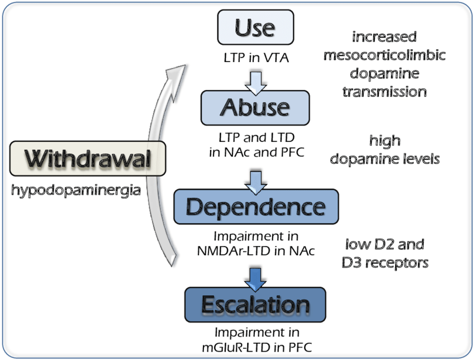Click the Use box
pyautogui.click(x=255, y=27)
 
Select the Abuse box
pyautogui.click(x=255, y=107)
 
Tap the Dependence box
pyautogui.click(x=256, y=207)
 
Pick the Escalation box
pyautogui.click(x=255, y=305)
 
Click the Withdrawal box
pyautogui.click(x=88, y=159)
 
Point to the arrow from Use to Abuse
pyautogui.click(x=256, y=83)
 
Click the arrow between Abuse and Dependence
pyautogui.click(x=256, y=182)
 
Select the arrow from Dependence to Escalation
pyautogui.click(x=256, y=280)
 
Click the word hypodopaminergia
pyautogui.click(x=76, y=191)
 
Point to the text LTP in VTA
pyautogui.click(x=256, y=58)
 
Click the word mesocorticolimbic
pyautogui.click(x=384, y=55)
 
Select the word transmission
pyautogui.click(x=384, y=92)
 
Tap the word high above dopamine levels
pyautogui.click(x=384, y=141)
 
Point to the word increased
pyautogui.click(x=384, y=37)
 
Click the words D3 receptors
pyautogui.click(x=384, y=263)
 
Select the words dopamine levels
pyautogui.click(x=384, y=159)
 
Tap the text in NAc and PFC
pyautogui.click(x=256, y=152)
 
